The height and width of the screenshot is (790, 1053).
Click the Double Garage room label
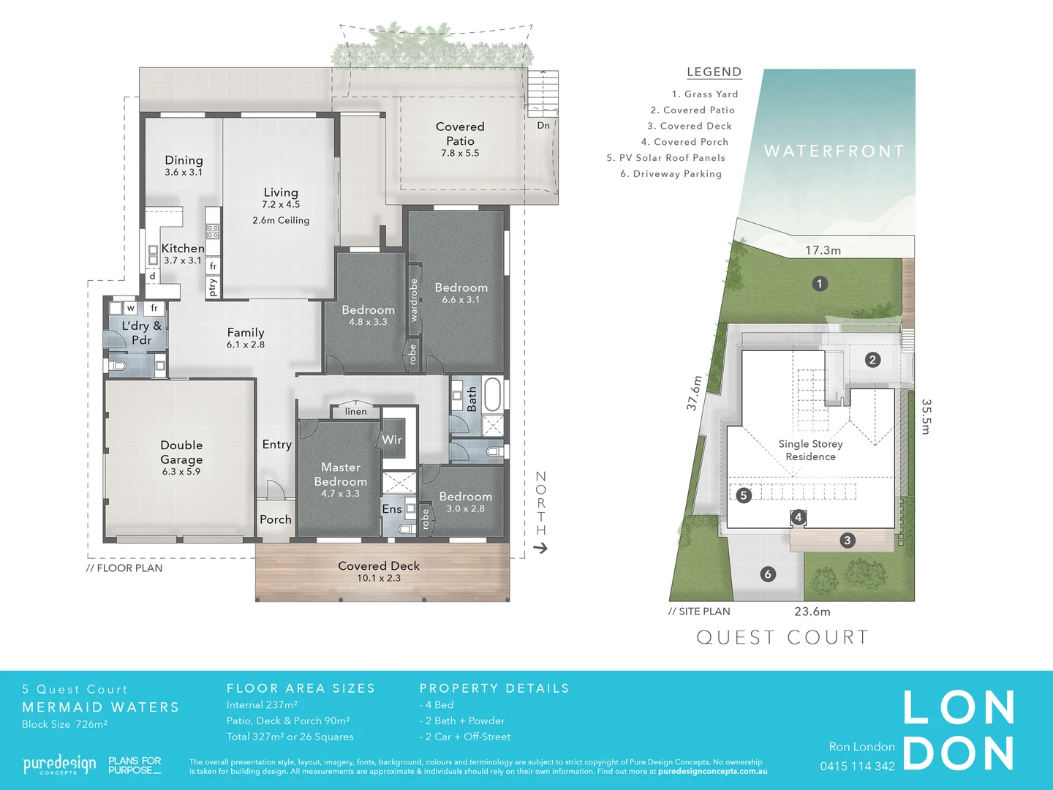point(181,452)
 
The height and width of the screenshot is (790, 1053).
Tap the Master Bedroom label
point(341,474)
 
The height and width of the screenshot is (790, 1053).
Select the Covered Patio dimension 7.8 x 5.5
point(460,154)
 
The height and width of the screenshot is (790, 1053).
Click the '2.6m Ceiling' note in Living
point(281,220)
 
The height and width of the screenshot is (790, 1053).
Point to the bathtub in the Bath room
point(492,394)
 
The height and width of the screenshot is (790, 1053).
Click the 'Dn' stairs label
point(543,125)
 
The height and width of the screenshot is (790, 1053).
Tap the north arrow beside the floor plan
point(540,548)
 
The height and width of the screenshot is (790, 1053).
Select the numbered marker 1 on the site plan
point(820,284)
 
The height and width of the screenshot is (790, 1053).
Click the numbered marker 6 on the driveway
point(768,574)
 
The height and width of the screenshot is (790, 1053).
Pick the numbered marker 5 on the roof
point(744,495)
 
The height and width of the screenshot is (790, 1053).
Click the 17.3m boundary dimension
point(823,250)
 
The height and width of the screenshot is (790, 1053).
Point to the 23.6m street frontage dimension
point(812,612)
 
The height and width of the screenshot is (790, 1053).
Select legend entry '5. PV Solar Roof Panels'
point(665,158)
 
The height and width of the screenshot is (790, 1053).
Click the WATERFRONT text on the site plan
point(834,151)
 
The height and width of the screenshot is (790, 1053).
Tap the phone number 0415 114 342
point(857,767)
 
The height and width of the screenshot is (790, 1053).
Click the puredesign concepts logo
point(59,765)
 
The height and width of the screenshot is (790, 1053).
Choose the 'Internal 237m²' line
point(262,705)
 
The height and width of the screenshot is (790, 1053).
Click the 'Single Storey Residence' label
point(810,450)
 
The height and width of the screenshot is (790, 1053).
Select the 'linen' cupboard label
point(356,412)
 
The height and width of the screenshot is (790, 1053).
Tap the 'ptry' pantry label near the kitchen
point(213,286)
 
